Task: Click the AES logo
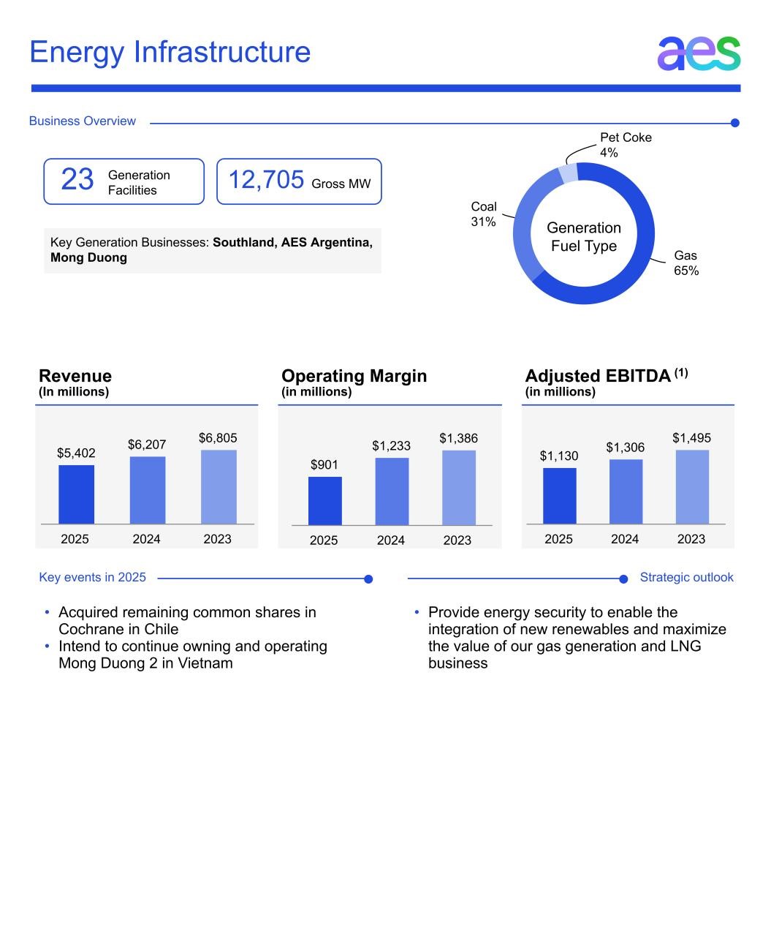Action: tap(699, 53)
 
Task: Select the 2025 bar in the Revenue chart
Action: tap(76, 494)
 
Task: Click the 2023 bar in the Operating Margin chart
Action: tap(458, 488)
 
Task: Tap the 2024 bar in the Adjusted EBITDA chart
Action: tap(626, 491)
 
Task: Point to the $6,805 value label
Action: tap(218, 438)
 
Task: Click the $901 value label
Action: tap(324, 465)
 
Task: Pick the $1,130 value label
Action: tap(559, 456)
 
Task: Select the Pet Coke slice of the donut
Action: tap(569, 174)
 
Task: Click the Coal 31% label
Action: tap(484, 214)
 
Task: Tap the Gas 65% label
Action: tap(686, 263)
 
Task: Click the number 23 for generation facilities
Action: tap(77, 180)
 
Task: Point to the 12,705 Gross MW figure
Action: tap(266, 180)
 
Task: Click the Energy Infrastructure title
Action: tap(170, 53)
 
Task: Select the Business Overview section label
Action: tap(83, 121)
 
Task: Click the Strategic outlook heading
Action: tap(686, 578)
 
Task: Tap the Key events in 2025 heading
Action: tap(93, 578)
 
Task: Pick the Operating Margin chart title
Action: tap(354, 376)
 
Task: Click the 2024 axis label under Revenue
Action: tap(146, 539)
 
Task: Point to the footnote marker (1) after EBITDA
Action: tap(680, 373)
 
